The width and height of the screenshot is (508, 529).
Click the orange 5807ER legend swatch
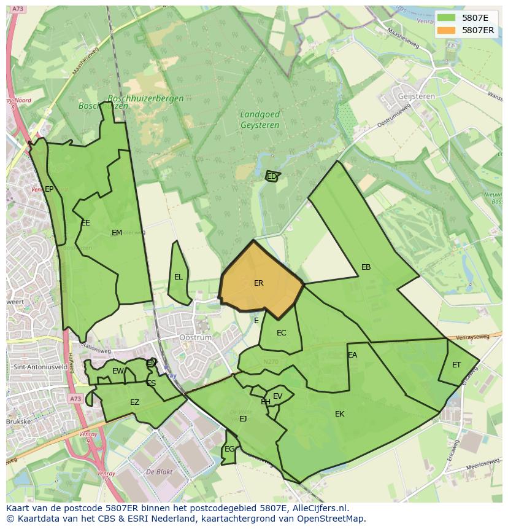pyautogui.click(x=447, y=30)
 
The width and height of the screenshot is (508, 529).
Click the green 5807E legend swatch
pyautogui.click(x=447, y=18)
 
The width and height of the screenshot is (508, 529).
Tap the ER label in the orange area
pyautogui.click(x=258, y=283)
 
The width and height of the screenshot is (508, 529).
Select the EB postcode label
pyautogui.click(x=366, y=267)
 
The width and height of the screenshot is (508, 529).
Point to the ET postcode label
pyautogui.click(x=456, y=365)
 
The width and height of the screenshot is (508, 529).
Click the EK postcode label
pyautogui.click(x=339, y=414)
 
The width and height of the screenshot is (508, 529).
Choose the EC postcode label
pyautogui.click(x=281, y=333)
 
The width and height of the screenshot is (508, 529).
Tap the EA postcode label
pyautogui.click(x=352, y=355)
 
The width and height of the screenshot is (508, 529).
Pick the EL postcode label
pyautogui.click(x=178, y=277)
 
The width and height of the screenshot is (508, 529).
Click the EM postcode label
pyautogui.click(x=117, y=232)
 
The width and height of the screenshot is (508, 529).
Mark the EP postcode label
pyautogui.click(x=49, y=189)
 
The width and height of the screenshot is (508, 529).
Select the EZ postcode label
pyautogui.click(x=134, y=402)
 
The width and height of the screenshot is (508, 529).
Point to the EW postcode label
pyautogui.click(x=118, y=371)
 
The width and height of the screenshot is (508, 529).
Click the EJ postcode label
pyautogui.click(x=243, y=419)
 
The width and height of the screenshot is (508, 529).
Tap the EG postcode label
pyautogui.click(x=229, y=449)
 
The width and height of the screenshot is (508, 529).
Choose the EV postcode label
pyautogui.click(x=277, y=396)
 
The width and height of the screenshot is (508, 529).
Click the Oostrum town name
pyautogui.click(x=195, y=338)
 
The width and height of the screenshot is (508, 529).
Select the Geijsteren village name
pyautogui.click(x=416, y=96)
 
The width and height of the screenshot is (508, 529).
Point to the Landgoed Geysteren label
pyautogui.click(x=260, y=120)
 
